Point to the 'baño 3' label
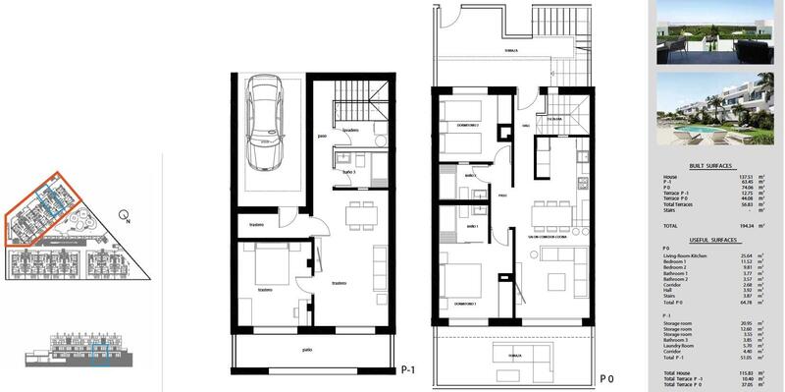349,173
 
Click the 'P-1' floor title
411,370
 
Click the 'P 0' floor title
606,377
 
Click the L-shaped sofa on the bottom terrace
521,355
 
